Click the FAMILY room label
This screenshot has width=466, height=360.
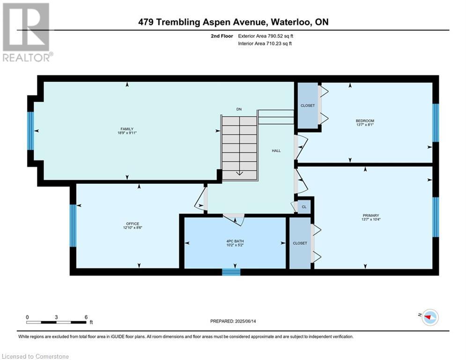(x=127, y=129)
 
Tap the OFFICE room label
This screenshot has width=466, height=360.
(x=133, y=224)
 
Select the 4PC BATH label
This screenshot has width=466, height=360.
(x=235, y=241)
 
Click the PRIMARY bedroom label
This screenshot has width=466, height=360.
(x=371, y=216)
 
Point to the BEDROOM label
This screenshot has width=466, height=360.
(x=365, y=121)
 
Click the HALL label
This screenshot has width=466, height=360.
(x=276, y=151)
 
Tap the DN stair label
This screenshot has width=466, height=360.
(x=239, y=109)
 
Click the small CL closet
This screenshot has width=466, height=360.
(x=304, y=207)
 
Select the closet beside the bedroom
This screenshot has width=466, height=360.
(x=308, y=105)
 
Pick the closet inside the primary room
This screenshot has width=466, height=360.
(x=300, y=243)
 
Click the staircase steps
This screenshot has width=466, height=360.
(x=239, y=148)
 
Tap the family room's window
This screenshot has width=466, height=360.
(x=30, y=131)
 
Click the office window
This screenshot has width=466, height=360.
(x=73, y=225)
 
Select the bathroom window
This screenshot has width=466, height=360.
(x=231, y=272)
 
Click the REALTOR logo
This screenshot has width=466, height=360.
(x=27, y=32)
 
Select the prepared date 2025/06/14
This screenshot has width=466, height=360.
(x=245, y=321)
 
